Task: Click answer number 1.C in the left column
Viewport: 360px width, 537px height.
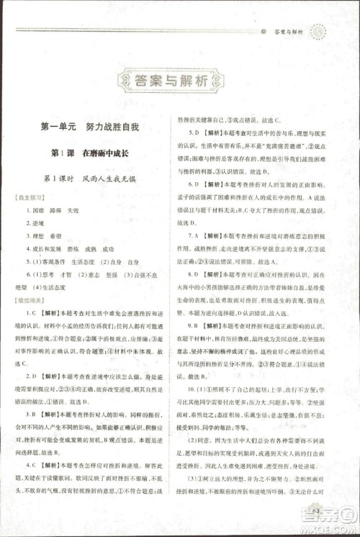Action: point(32,314)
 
